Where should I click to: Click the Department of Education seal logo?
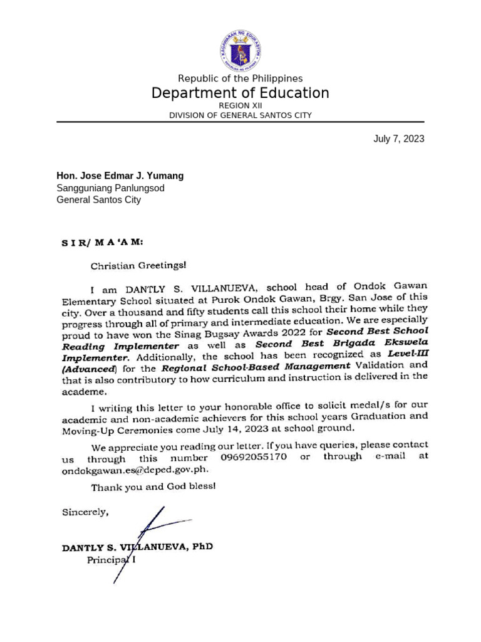coord(240,51)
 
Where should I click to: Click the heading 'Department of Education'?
coord(240,93)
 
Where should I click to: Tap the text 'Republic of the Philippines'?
coord(240,78)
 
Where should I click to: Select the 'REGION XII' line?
coord(240,106)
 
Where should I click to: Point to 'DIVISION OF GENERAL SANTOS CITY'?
coord(240,115)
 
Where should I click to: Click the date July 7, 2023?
coord(398,139)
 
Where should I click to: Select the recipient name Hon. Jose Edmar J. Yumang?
coord(120,176)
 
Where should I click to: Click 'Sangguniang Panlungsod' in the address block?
coord(111,188)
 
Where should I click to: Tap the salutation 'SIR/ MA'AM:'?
coord(102,242)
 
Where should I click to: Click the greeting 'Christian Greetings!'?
coord(138,265)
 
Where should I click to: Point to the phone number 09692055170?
coord(254,457)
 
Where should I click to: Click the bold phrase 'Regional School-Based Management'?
coord(256,366)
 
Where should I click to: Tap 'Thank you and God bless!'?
coord(153,487)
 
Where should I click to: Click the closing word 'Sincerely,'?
coord(85,512)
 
